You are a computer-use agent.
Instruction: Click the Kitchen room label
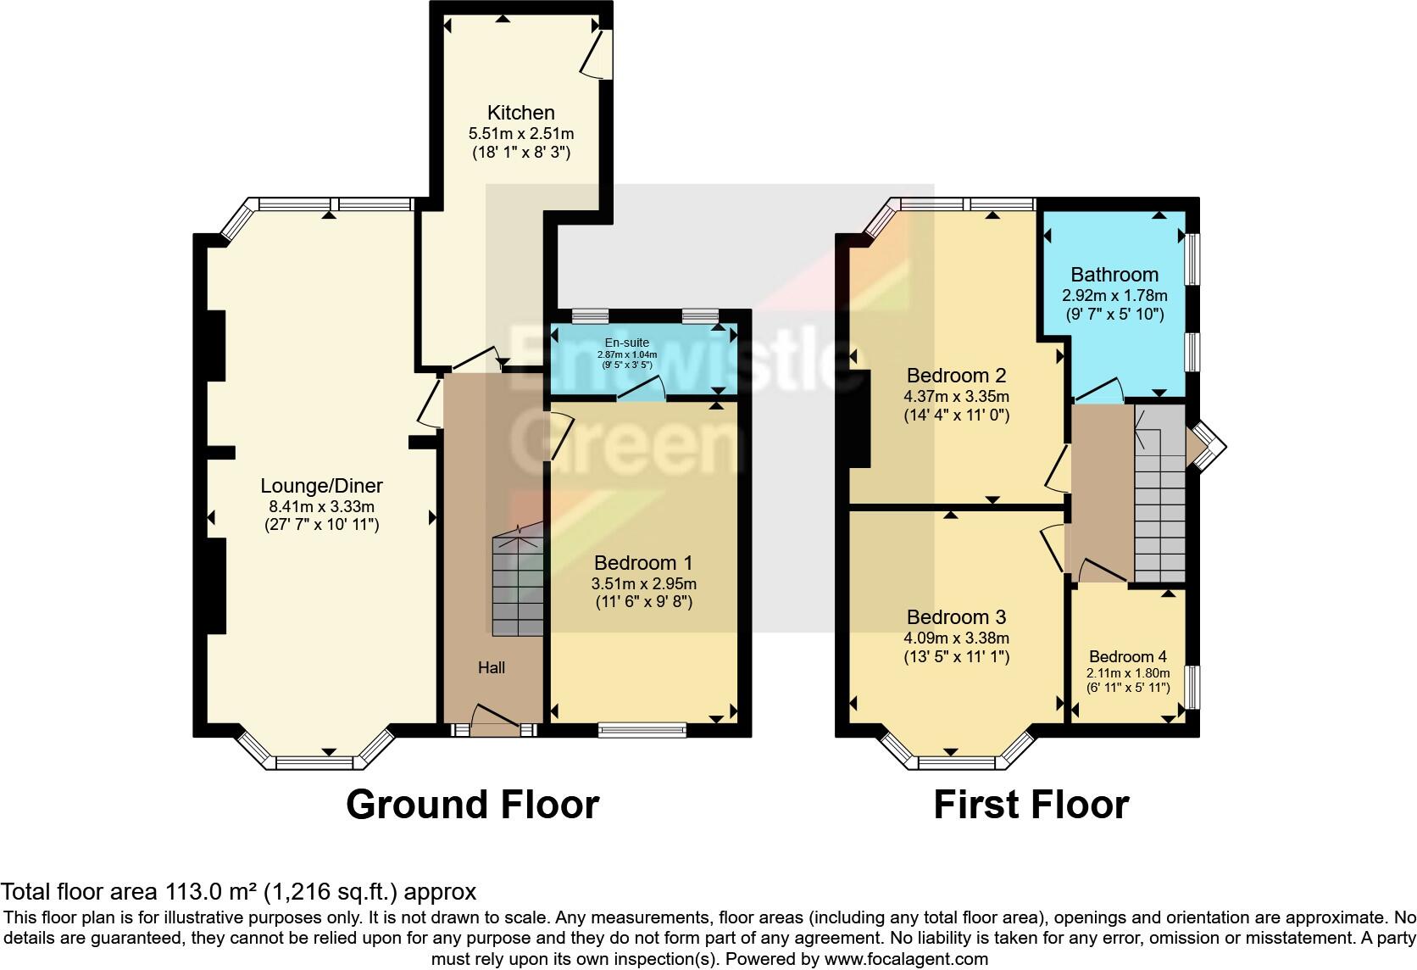tap(520, 113)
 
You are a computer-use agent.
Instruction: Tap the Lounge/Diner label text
tap(321, 486)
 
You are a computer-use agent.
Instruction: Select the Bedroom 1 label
tap(643, 563)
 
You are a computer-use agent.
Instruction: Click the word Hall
tap(492, 668)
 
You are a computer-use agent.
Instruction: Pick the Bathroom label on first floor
tap(1114, 275)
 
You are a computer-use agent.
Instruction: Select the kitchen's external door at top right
tap(595, 53)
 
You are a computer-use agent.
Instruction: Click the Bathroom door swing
tap(1100, 391)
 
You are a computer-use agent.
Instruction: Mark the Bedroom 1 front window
tap(642, 728)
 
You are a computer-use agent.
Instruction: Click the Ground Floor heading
tap(472, 804)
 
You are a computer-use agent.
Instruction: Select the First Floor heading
tap(1031, 804)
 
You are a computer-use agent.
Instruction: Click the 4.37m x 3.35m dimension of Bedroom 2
tap(957, 396)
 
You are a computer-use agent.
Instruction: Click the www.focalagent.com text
tap(905, 959)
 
